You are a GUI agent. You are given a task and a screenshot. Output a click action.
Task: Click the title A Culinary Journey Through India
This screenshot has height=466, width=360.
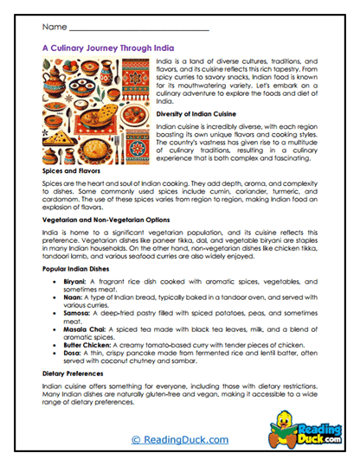point(114,50)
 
